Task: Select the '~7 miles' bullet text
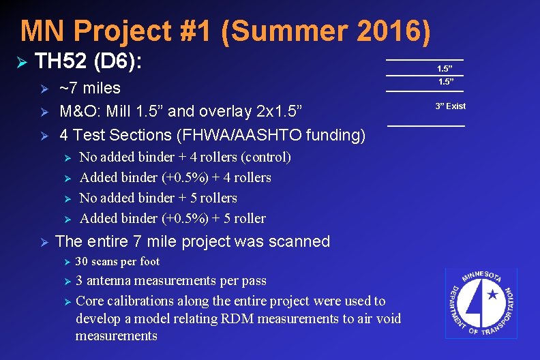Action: tap(89, 88)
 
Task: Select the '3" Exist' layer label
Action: tap(451, 106)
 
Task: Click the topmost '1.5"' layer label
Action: tap(445, 69)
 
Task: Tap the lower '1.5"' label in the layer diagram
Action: tap(445, 82)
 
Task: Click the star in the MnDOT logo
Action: tap(492, 296)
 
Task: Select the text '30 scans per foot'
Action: tap(117, 261)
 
